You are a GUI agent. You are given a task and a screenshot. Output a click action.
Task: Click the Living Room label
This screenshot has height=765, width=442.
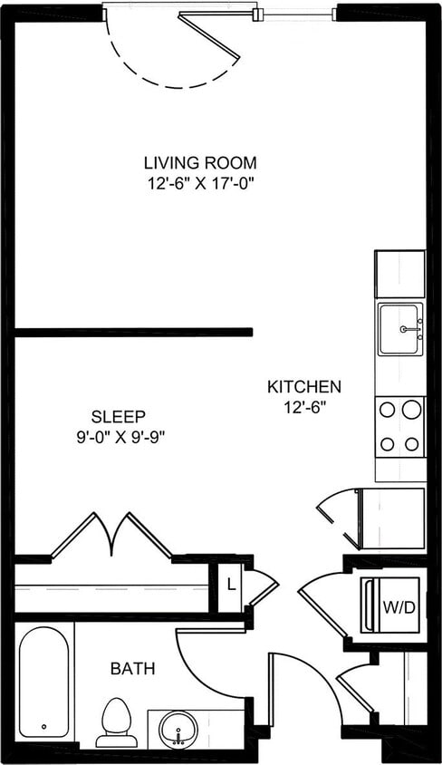[x=200, y=163]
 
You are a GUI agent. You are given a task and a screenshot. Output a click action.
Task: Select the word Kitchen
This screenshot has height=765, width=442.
[x=303, y=387]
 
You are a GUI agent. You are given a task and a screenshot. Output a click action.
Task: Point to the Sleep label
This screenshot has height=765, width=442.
[x=119, y=417]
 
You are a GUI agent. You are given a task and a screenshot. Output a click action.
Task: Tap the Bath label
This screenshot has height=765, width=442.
[x=132, y=669]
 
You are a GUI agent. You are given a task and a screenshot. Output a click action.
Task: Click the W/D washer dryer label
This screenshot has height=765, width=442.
[x=398, y=606]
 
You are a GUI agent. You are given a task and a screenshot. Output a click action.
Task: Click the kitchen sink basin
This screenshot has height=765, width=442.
[x=399, y=329]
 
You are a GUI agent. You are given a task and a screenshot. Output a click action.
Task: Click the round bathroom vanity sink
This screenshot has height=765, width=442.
[x=178, y=729]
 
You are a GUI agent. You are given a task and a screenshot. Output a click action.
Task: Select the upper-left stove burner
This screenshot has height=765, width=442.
[x=387, y=410]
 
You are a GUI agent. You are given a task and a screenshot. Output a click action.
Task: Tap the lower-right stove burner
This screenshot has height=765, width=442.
[x=412, y=444]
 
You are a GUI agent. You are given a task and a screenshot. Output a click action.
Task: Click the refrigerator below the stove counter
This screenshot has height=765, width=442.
[x=391, y=518]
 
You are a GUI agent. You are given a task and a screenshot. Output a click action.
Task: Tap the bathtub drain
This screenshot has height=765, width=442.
[x=43, y=727]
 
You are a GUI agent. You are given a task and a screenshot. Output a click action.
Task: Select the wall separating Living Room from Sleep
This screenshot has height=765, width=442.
[x=133, y=333]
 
